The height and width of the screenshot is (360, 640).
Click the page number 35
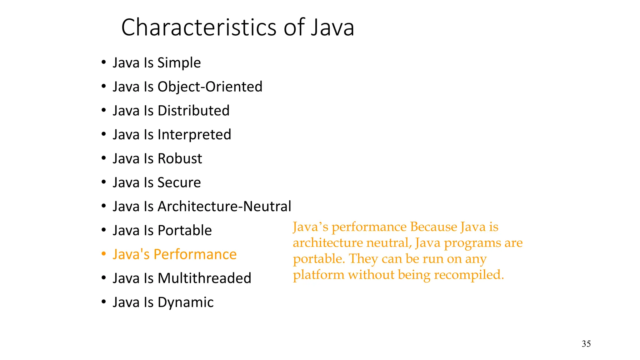(586, 344)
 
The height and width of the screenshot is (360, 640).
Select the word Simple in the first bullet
(179, 63)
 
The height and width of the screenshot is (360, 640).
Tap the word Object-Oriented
(210, 87)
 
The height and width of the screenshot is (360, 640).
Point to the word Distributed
(193, 111)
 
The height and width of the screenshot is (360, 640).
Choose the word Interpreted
(194, 135)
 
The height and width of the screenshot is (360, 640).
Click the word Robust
(180, 158)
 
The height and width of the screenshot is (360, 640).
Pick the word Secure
(179, 182)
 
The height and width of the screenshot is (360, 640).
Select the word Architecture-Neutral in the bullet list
(224, 206)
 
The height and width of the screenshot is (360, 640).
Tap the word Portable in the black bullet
(185, 230)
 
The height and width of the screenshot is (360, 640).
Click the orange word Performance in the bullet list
(195, 254)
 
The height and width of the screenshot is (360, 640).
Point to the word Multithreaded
(204, 278)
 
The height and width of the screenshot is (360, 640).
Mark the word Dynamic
(185, 302)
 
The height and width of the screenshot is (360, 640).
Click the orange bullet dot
(104, 254)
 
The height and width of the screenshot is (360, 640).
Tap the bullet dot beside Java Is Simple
(104, 62)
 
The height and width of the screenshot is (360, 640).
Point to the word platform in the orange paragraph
(318, 275)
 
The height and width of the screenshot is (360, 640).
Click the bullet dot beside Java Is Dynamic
(104, 302)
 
